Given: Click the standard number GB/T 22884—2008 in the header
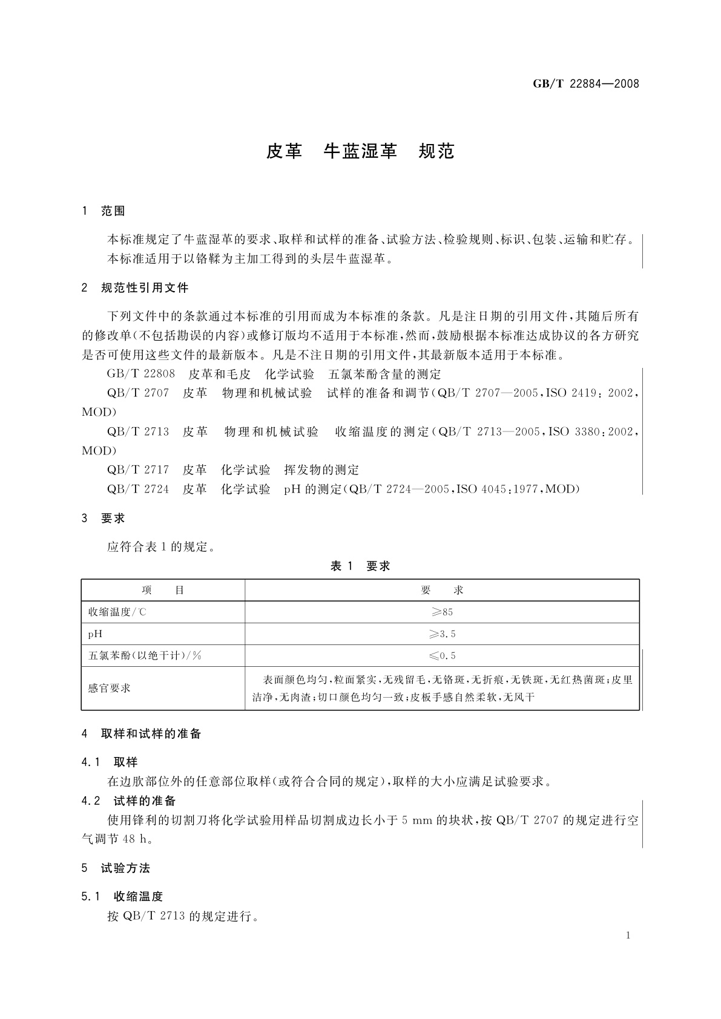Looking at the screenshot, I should tap(585, 84).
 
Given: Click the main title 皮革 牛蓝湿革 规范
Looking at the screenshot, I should tap(360, 151).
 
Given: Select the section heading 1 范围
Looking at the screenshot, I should tap(104, 211).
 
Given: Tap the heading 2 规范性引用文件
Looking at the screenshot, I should tap(135, 288).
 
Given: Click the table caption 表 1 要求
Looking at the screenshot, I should tap(360, 566).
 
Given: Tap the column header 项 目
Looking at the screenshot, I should tap(163, 590).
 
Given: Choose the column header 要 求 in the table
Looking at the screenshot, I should tap(442, 590).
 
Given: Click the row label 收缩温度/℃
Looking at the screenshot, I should tap(117, 612).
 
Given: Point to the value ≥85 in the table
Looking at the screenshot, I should tap(442, 612).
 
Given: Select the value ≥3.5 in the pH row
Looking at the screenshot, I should tap(442, 634).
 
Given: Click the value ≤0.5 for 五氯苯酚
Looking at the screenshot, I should tap(442, 656).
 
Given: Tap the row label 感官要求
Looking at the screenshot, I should tap(110, 688).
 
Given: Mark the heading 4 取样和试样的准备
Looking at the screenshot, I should tap(141, 734).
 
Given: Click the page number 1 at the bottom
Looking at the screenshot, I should tap(628, 935).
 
